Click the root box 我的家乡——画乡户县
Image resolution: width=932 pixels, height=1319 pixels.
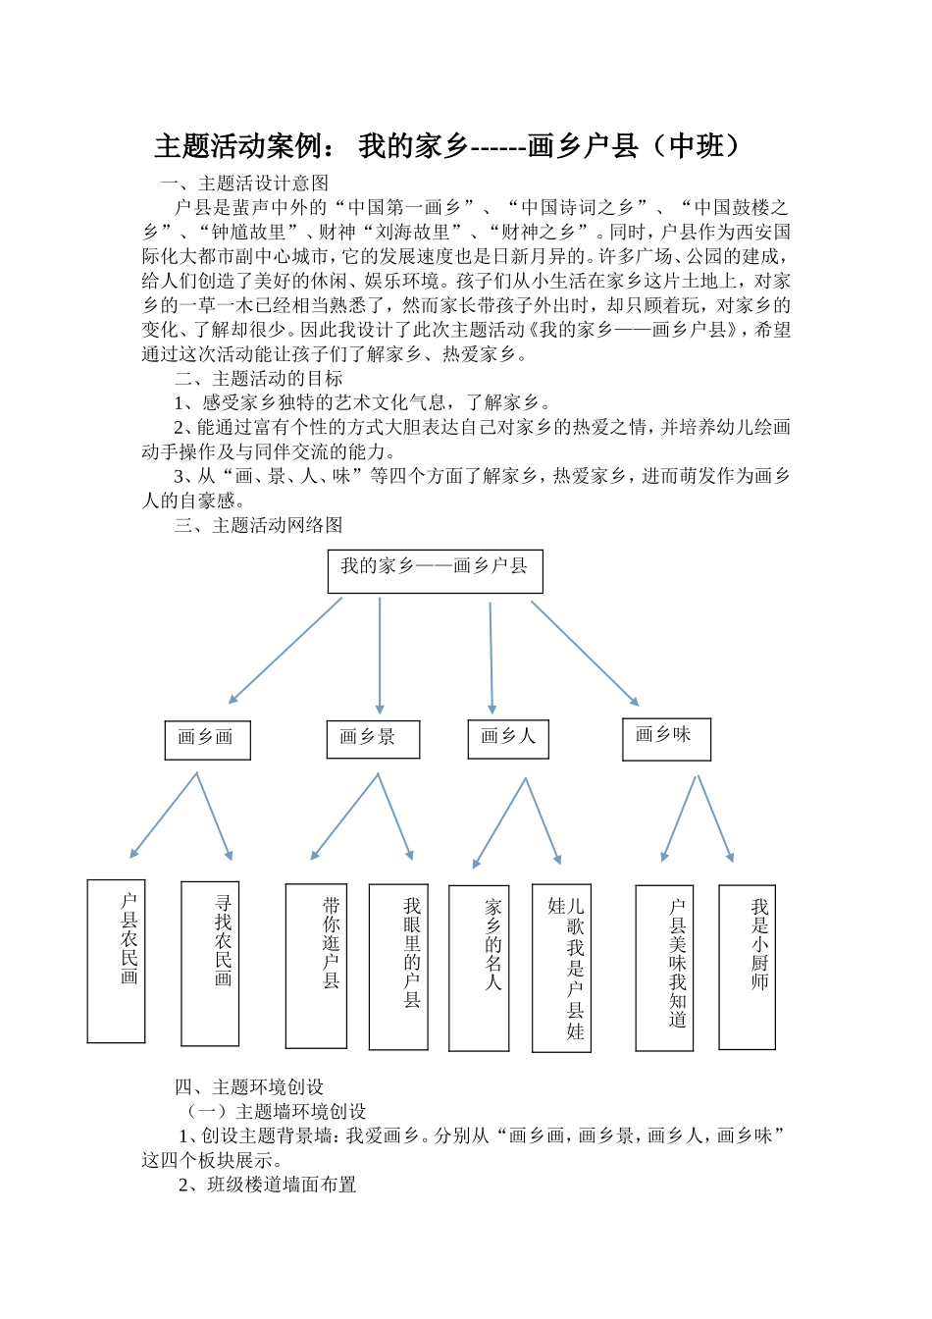[435, 571]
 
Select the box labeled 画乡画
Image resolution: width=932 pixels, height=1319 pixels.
[207, 740]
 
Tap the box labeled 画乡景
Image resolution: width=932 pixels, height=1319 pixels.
[373, 739]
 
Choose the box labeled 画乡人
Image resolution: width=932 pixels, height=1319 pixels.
[508, 738]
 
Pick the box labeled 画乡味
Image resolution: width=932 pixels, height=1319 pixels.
[666, 739]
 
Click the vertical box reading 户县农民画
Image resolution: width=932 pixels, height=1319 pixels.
[116, 961]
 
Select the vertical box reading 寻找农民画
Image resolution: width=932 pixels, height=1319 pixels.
[210, 963]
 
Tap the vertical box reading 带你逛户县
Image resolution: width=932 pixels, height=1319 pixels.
[316, 966]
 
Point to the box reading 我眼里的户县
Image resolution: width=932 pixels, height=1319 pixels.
[398, 967]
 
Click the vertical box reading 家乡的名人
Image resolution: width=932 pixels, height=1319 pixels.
[479, 968]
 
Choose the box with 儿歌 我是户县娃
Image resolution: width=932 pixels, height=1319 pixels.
[561, 968]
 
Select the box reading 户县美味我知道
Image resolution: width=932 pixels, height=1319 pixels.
[664, 968]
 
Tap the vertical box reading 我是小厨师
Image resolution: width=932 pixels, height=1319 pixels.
[747, 967]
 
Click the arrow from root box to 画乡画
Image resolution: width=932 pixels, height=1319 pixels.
[285, 651]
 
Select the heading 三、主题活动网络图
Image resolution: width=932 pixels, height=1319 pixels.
[258, 525]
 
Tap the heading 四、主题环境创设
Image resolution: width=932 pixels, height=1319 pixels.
[249, 1086]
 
